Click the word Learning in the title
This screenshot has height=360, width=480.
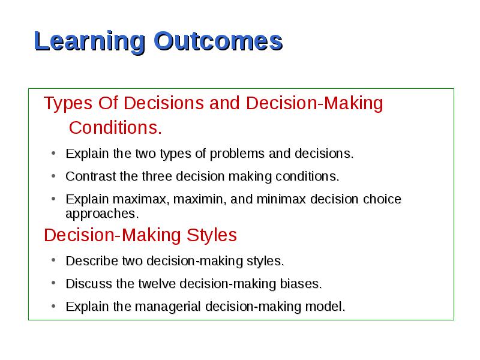click(x=89, y=42)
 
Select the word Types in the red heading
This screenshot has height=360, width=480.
click(x=68, y=103)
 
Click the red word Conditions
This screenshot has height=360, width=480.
click(x=115, y=128)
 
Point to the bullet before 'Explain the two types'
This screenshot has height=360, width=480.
click(x=53, y=153)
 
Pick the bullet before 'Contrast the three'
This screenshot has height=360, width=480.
click(x=53, y=176)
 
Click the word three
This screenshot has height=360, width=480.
click(x=157, y=176)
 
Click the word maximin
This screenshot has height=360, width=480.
click(x=200, y=199)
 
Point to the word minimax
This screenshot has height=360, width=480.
click(x=281, y=199)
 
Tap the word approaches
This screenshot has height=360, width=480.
click(x=102, y=214)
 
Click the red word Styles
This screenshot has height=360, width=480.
click(x=212, y=235)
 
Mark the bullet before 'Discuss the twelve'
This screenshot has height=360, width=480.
click(x=53, y=283)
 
